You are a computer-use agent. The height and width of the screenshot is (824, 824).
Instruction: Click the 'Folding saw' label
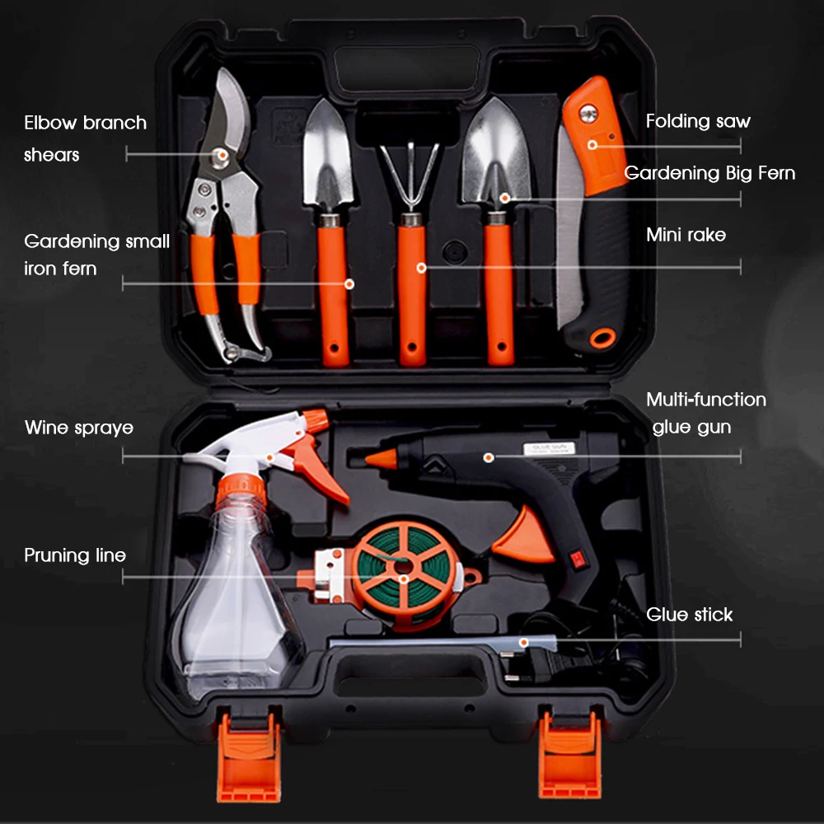(697, 121)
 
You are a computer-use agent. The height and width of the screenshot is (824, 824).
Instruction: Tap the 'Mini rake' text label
(686, 234)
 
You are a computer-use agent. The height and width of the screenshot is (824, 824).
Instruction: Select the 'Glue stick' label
(689, 615)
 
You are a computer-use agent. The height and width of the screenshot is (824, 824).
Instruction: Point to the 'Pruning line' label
(75, 555)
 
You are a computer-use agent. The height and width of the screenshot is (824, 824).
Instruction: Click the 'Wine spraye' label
(79, 428)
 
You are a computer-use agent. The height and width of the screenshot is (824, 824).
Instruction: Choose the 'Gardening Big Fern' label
(709, 173)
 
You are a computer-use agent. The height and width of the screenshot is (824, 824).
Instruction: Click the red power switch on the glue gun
(578, 559)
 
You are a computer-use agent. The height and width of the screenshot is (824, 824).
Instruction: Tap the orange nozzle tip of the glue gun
(382, 459)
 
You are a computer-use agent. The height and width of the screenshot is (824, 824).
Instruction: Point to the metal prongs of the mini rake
(410, 176)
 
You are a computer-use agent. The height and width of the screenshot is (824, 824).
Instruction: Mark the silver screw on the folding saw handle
(588, 112)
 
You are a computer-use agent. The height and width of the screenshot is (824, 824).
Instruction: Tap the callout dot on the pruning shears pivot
(222, 155)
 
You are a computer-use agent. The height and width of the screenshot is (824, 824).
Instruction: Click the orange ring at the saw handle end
(603, 338)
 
